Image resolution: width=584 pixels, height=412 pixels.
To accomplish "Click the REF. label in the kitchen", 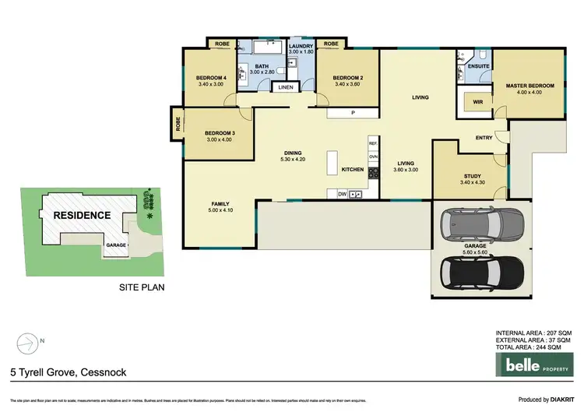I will (373, 144).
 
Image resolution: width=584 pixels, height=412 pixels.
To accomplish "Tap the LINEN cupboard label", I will (284, 87).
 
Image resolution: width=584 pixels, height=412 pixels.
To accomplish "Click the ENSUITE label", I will (479, 66).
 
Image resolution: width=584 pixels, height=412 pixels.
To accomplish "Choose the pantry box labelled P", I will (353, 114).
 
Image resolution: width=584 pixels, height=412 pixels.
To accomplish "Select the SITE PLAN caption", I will (142, 287).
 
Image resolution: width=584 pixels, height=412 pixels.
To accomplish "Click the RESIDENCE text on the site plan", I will (80, 216).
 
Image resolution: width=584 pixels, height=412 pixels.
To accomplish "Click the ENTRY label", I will (484, 138).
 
